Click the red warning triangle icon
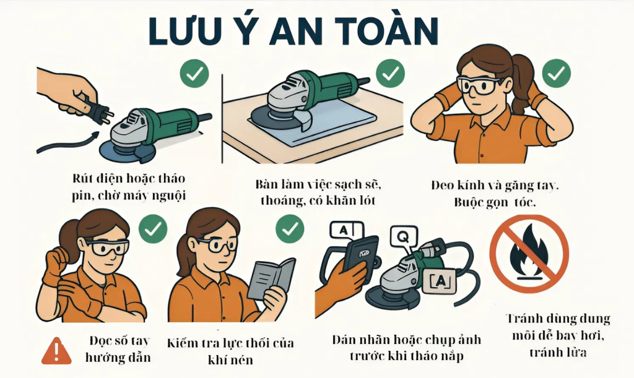pos(56,351)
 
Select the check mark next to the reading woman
pos(289,230)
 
